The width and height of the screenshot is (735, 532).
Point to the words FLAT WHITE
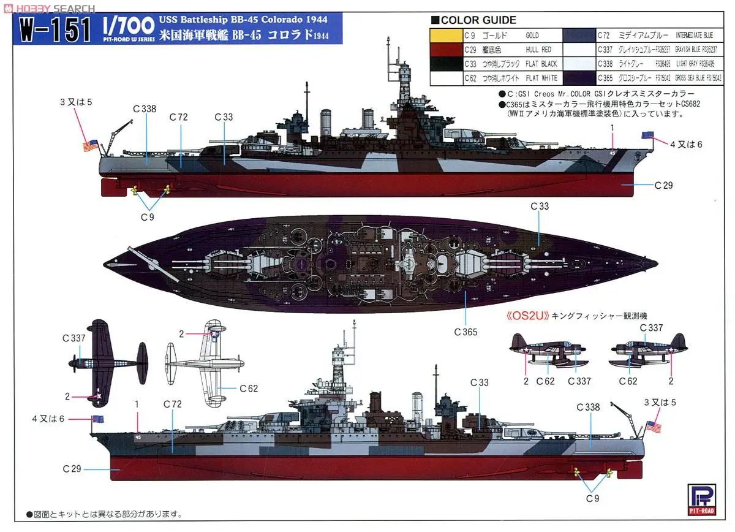tap(541, 78)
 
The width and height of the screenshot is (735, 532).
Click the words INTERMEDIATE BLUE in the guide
tap(699, 36)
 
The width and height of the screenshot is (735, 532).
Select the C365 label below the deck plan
tap(466, 332)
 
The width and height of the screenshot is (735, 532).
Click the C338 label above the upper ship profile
tap(145, 109)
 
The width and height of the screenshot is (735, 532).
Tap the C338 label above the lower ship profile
tap(588, 407)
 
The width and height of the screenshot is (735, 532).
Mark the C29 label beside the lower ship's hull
tap(72, 469)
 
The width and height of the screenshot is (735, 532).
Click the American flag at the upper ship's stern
tap(91, 146)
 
